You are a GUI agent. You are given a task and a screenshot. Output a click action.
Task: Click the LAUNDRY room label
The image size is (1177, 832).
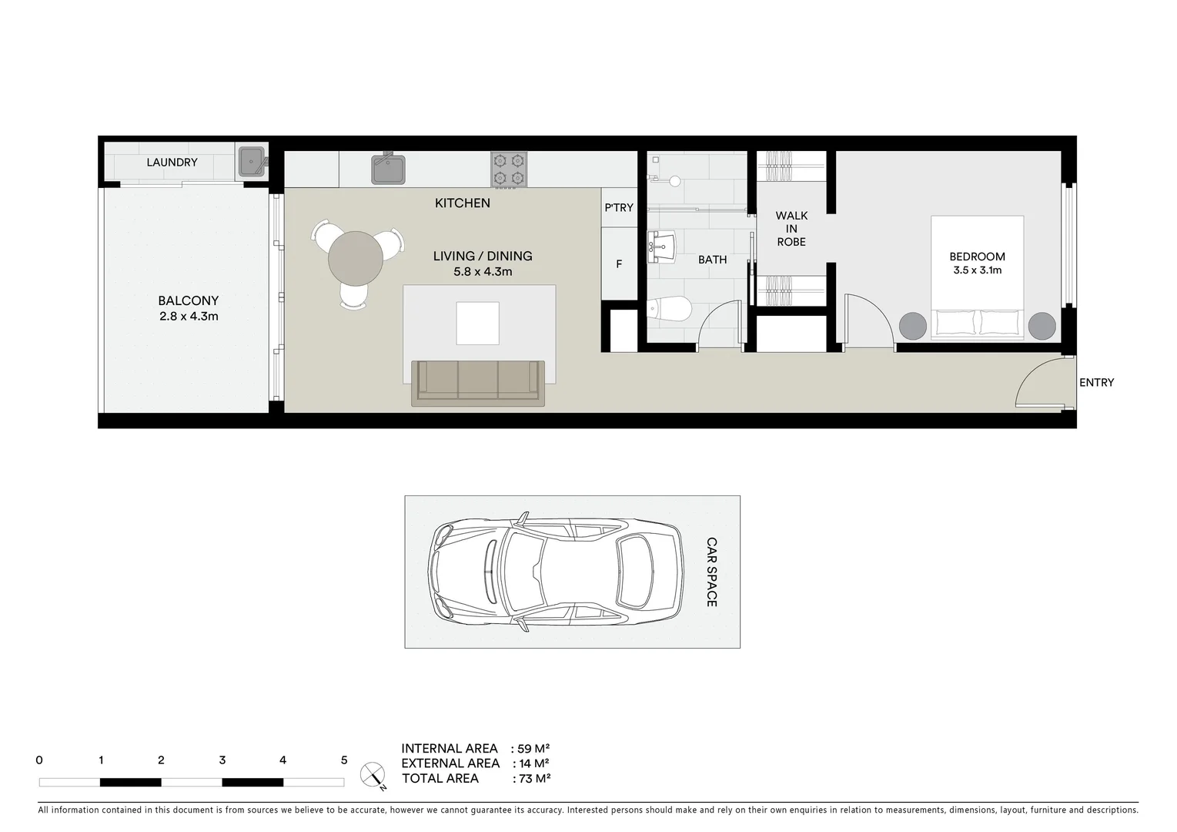coord(172,163)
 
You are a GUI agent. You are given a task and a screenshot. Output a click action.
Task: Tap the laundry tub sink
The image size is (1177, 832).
coord(251,162)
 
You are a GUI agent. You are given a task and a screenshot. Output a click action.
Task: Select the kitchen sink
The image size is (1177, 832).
coord(389,169)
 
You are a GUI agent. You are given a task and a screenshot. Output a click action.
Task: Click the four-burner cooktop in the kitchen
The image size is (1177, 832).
coord(509,169)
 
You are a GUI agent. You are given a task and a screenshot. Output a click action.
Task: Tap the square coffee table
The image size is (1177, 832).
coord(477,323)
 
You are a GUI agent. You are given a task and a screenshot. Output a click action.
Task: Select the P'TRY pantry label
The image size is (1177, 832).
coord(619,208)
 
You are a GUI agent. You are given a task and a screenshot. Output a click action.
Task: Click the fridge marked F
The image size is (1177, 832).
coord(619,264)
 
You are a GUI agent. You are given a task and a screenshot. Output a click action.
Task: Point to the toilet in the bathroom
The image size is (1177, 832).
coord(669,309)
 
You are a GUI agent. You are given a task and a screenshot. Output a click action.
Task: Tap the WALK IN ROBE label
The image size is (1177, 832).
coord(791,229)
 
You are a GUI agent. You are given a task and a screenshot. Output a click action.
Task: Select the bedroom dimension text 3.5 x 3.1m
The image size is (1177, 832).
coord(977,270)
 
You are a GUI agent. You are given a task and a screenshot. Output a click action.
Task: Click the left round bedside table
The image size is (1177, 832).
coord(913,326)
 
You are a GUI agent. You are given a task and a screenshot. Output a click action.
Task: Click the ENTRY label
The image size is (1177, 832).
coord(1096,383)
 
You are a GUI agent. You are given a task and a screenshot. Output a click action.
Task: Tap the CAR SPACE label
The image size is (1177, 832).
coord(711,572)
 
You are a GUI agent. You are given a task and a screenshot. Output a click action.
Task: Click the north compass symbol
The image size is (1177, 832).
coord(373,774)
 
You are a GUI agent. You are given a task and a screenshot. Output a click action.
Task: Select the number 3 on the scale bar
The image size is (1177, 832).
coord(222,760)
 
